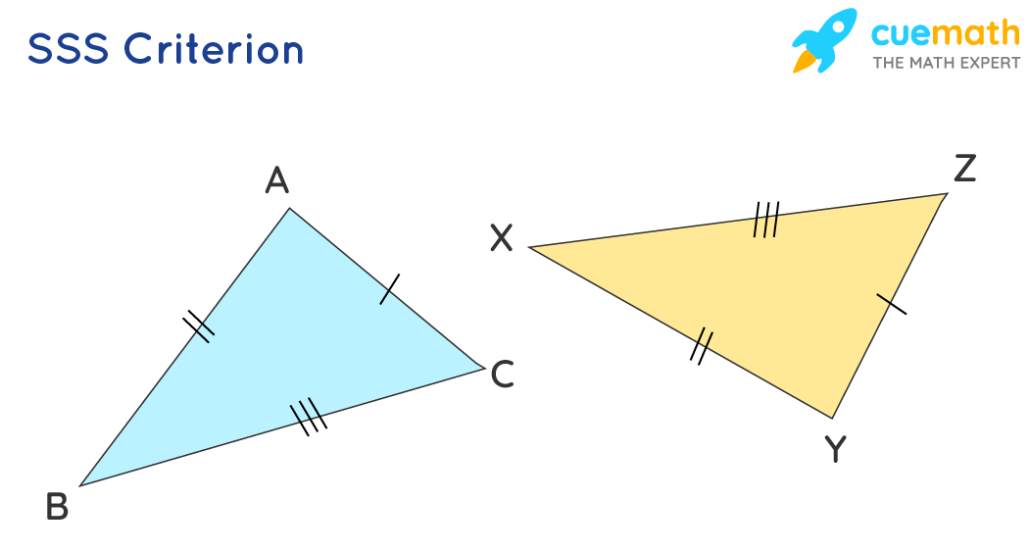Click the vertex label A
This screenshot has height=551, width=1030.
pyautogui.click(x=277, y=181)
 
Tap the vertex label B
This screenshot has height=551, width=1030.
pyautogui.click(x=57, y=507)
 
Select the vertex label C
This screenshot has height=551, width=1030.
pyautogui.click(x=502, y=375)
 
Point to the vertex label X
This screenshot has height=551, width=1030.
pyautogui.click(x=501, y=237)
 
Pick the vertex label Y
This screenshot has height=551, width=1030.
pyautogui.click(x=834, y=450)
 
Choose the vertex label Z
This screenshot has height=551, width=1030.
pyautogui.click(x=964, y=170)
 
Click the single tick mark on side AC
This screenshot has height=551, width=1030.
pyautogui.click(x=390, y=288)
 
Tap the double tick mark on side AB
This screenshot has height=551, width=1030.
pyautogui.click(x=199, y=326)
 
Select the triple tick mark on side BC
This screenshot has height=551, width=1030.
pyautogui.click(x=308, y=416)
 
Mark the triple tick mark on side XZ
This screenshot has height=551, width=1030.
pyautogui.click(x=766, y=220)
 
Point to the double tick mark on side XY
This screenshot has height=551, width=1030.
pyautogui.click(x=701, y=347)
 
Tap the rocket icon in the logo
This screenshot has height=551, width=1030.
pyautogui.click(x=823, y=41)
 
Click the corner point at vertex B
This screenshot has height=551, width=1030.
pyautogui.click(x=80, y=485)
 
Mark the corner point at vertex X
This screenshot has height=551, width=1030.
pyautogui.click(x=529, y=247)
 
